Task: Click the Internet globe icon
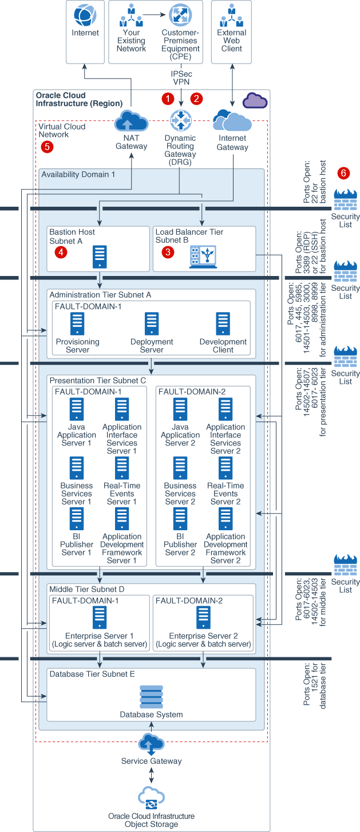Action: pos(85,15)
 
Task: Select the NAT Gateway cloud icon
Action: pos(132,121)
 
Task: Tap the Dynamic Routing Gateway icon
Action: pos(181,121)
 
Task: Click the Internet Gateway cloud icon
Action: pos(232,121)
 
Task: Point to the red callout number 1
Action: pos(168,98)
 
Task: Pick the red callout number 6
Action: pos(344,172)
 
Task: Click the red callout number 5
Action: pos(48,147)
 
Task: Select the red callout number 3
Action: pos(168,252)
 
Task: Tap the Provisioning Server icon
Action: pos(77,324)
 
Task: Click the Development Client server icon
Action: pos(223,324)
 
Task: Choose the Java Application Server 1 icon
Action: pos(76,409)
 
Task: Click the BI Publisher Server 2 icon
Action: pos(180,519)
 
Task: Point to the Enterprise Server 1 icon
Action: pos(100,618)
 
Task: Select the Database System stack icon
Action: pos(151,696)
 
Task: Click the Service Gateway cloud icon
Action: pos(151,744)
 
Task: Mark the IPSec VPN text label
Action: pos(181,78)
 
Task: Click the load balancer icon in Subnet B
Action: pos(203,257)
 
